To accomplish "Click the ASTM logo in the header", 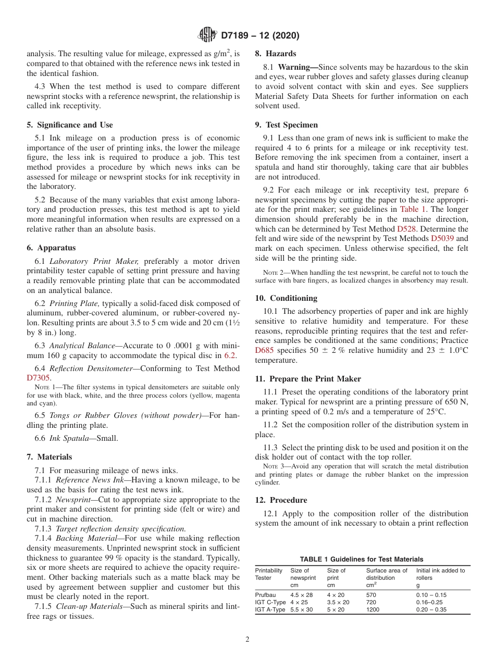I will point(207,35).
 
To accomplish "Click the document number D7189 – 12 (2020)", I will point(260,36).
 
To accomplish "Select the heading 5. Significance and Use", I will point(70,125).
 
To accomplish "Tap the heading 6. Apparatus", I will point(51,248).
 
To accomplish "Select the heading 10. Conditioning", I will point(286,298).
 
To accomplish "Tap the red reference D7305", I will point(38,377).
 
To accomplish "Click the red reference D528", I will point(407,228).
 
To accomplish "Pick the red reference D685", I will point(264,350).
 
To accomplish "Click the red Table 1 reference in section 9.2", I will point(413,209).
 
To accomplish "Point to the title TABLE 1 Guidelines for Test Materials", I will point(362,559).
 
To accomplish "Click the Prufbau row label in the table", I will point(266,595).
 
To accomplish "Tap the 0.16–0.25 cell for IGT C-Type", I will point(430,602).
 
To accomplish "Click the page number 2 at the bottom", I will point(247,640).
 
